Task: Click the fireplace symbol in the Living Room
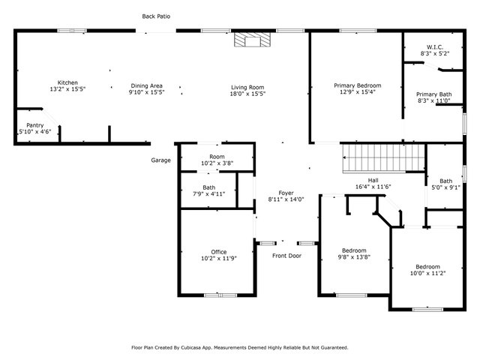pyautogui.click(x=253, y=40)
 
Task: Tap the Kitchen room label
pyautogui.click(x=67, y=82)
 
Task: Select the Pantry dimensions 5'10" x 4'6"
pyautogui.click(x=35, y=132)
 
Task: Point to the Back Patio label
pyautogui.click(x=156, y=16)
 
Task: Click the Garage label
pyautogui.click(x=160, y=160)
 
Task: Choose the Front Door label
pyautogui.click(x=286, y=256)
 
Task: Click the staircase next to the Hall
pyautogui.click(x=383, y=158)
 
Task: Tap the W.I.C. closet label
pyautogui.click(x=435, y=47)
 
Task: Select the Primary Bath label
pyautogui.click(x=433, y=94)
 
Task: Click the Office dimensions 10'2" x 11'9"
pyautogui.click(x=219, y=258)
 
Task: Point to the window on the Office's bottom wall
pyautogui.click(x=220, y=295)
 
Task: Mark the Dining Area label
pyautogui.click(x=147, y=85)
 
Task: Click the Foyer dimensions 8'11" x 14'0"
pyautogui.click(x=286, y=199)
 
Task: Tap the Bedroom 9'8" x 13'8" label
pyautogui.click(x=354, y=253)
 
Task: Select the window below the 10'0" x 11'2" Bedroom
pyautogui.click(x=427, y=310)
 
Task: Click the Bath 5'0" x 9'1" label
pyautogui.click(x=445, y=184)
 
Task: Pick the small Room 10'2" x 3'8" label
pyautogui.click(x=217, y=160)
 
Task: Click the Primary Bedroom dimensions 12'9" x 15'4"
pyautogui.click(x=358, y=91)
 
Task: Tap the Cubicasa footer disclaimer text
pyautogui.click(x=240, y=348)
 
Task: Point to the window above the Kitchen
pyautogui.click(x=72, y=31)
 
